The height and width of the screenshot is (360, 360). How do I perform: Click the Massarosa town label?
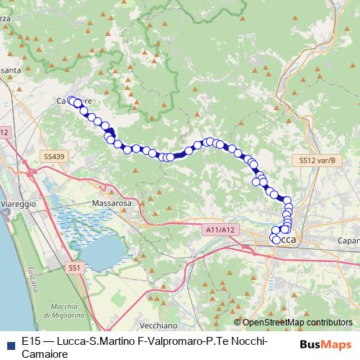click(x=111, y=204)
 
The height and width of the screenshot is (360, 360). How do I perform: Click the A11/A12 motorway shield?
click(x=220, y=229)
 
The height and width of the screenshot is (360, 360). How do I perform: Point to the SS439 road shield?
click(x=54, y=156)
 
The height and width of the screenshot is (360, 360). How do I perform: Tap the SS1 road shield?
click(x=75, y=268)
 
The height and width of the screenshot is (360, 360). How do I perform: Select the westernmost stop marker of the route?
click(x=72, y=101)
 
